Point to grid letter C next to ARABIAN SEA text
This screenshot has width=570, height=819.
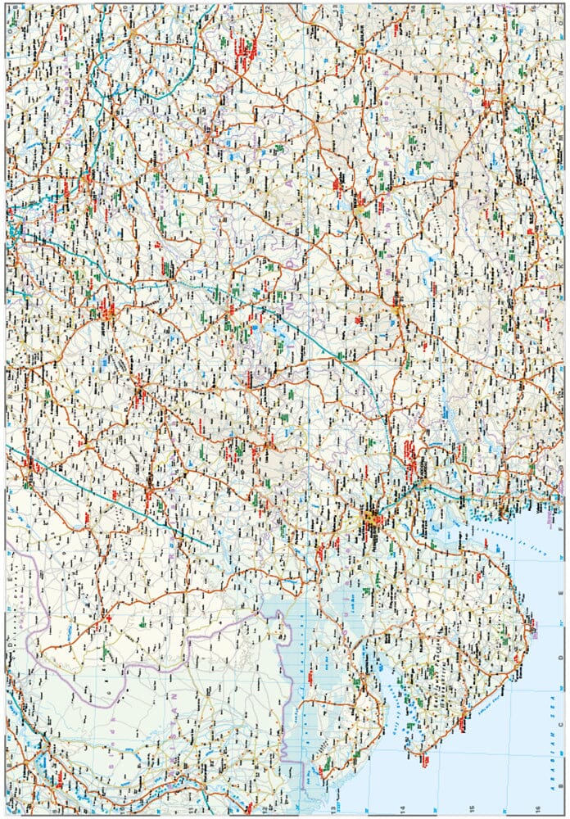pyautogui.click(x=561, y=736)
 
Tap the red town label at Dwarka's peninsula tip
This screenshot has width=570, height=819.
pyautogui.click(x=426, y=762)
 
